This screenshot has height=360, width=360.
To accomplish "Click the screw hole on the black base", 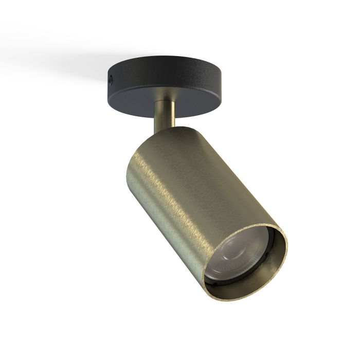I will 110,78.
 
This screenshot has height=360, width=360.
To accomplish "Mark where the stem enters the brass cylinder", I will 164,129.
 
